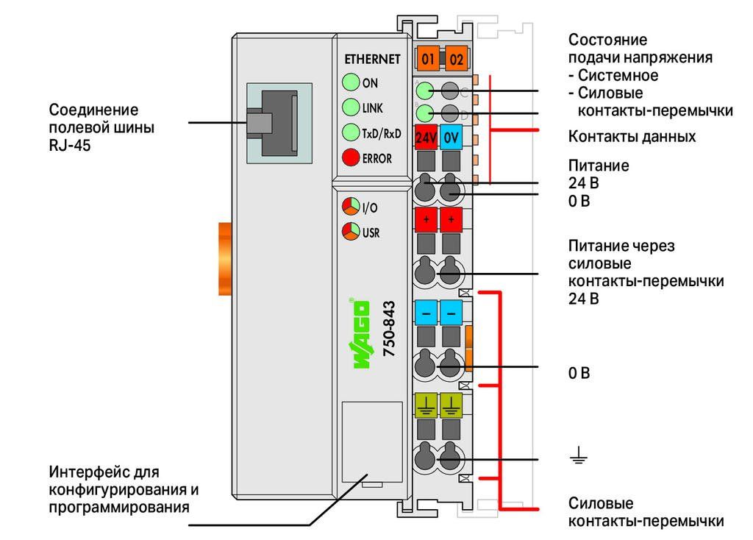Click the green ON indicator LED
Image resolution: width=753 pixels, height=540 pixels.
coord(351,82)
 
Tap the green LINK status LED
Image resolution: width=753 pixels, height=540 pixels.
coord(351,107)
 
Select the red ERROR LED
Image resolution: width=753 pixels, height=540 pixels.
coord(351,157)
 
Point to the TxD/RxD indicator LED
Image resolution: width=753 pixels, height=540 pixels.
coord(351,132)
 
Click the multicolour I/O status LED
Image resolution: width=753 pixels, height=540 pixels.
coord(351,207)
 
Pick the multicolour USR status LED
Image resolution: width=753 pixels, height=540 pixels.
coord(351,232)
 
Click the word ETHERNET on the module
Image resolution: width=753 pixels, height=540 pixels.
coord(372,59)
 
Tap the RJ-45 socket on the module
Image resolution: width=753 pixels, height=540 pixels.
coord(279,123)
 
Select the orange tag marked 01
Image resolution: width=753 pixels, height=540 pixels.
coord(428,59)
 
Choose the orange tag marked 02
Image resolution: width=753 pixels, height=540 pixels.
coord(456,59)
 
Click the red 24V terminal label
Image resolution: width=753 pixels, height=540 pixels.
coord(426,138)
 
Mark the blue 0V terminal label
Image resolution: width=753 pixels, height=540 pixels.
coord(451,138)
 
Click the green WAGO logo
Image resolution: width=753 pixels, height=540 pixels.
coord(361,334)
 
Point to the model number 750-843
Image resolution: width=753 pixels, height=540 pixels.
coord(389,329)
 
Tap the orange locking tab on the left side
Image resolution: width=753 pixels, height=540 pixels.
coord(225,258)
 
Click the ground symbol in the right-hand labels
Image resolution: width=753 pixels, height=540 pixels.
coord(579,455)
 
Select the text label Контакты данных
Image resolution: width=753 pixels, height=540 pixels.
coord(632,136)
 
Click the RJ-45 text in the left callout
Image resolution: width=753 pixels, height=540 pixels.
coord(70,145)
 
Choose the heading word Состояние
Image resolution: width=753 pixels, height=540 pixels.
coord(607,40)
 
